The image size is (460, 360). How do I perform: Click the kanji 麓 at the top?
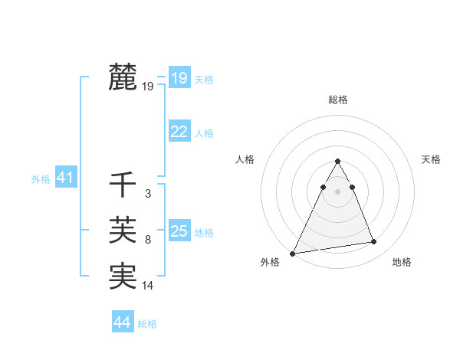coord(123,77)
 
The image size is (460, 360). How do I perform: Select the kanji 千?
coord(123,185)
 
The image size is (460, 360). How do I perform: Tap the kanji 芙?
coord(123,231)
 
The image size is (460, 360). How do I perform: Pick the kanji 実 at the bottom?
coord(123,276)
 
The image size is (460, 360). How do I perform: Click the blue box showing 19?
coord(179,77)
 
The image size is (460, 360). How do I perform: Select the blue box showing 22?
coord(179,132)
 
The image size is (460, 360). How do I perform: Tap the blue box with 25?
coord(179,231)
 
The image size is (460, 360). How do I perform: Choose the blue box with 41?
coord(64,178)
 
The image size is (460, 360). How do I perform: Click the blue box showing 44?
coord(122,322)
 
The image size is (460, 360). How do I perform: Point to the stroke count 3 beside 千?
coord(148,195)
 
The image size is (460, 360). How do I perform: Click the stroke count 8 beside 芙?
coord(148,241)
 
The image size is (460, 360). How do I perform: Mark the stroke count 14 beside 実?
coord(148,286)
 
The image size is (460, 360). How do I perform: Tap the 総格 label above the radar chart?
coord(338,100)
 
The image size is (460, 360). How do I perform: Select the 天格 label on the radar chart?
coord(432,159)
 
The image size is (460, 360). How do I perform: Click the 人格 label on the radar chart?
coord(245,159)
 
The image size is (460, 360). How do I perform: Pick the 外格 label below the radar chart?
coord(270,262)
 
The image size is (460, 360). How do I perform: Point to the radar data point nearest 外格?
coord(293,254)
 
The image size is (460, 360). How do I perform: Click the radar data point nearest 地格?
coord(374,242)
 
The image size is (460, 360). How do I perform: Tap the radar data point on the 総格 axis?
coord(337,161)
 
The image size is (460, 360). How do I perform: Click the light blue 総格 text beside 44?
coord(147,324)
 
